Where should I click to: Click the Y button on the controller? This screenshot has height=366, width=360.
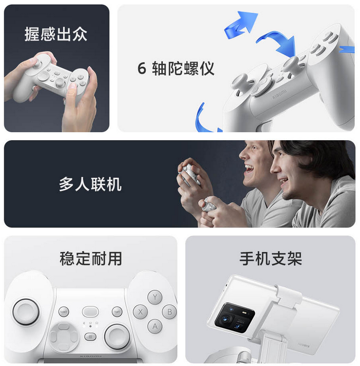point(155,297)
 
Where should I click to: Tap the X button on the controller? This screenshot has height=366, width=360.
point(140,312)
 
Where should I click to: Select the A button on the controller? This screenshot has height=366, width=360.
point(155,326)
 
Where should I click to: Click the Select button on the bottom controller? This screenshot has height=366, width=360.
point(63,312)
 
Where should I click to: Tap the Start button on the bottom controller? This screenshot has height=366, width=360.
point(117,312)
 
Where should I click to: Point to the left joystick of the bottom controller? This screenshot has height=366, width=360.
point(26,312)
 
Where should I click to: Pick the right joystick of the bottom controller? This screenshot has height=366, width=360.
point(117,336)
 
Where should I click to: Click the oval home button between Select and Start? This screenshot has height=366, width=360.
point(90,312)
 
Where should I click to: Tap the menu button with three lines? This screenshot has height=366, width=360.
point(90,336)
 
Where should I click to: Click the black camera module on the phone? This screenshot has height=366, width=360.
point(235,318)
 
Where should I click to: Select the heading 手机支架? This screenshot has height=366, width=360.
point(271,259)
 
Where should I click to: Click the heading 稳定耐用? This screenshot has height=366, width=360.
point(91,259)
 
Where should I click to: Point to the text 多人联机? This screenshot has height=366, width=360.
point(90,184)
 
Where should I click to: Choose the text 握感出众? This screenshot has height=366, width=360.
point(56,34)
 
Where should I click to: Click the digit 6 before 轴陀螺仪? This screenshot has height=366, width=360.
point(142,68)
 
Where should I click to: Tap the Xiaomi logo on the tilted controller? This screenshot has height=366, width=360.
point(279,94)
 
